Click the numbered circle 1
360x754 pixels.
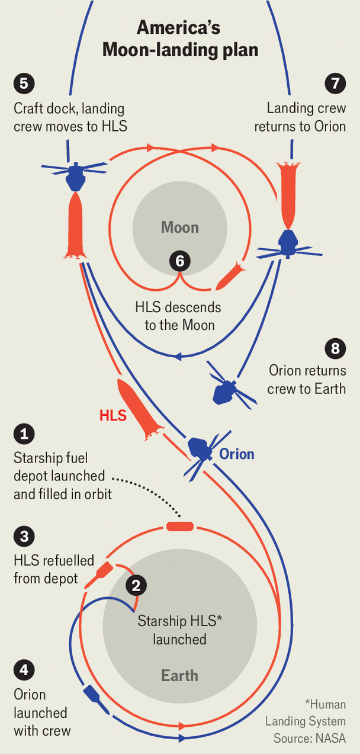(24, 434)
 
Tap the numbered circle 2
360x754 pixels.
(136, 586)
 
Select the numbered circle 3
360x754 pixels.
(24, 537)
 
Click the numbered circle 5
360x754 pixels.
(24, 83)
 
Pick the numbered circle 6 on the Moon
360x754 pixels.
(180, 261)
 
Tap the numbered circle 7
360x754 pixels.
(335, 83)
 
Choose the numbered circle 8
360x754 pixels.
(335, 348)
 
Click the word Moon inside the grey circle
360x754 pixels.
(180, 227)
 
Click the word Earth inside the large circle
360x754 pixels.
(180, 675)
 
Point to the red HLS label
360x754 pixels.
(112, 415)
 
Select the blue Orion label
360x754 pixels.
(237, 454)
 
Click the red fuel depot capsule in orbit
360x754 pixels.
(179, 527)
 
